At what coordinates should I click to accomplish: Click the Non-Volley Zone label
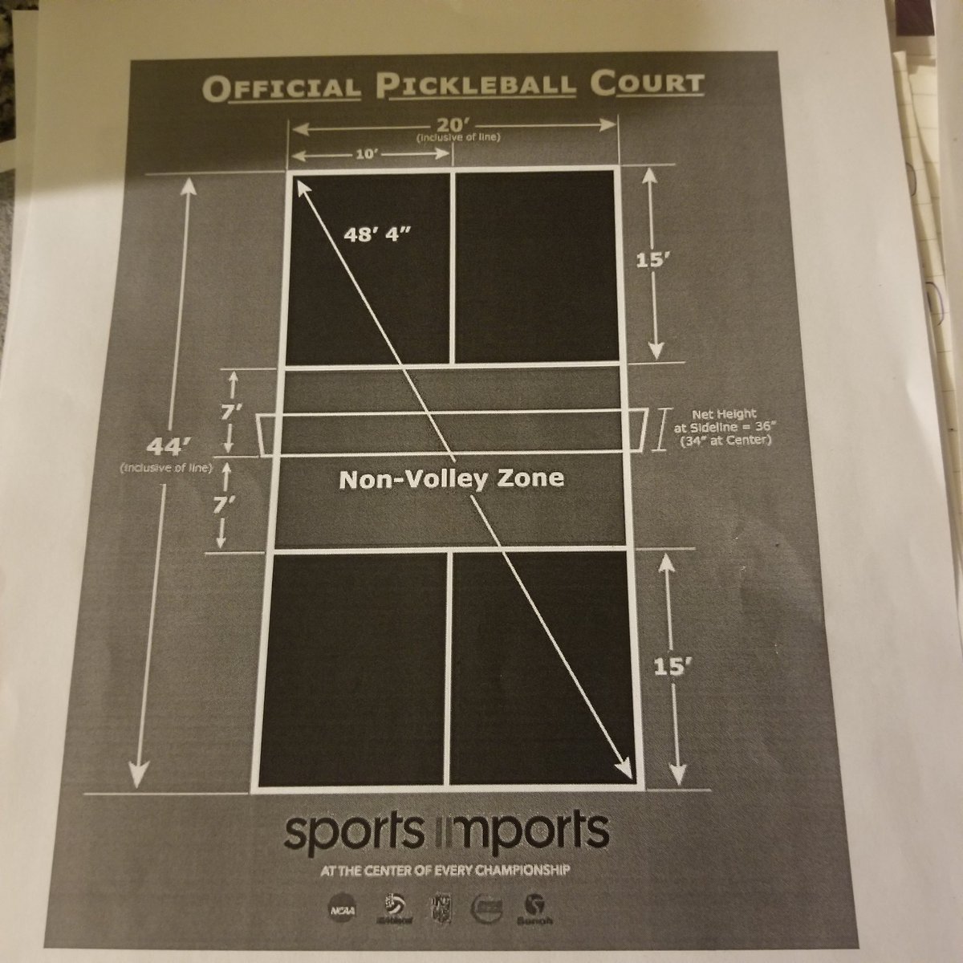pyautogui.click(x=451, y=478)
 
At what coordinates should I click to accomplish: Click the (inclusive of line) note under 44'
pyautogui.click(x=164, y=468)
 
